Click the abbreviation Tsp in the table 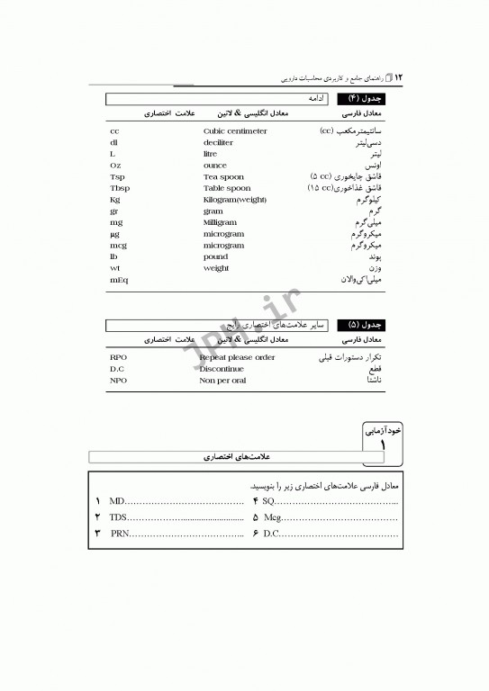pos(116,177)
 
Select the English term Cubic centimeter pos(235,131)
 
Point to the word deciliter pos(218,142)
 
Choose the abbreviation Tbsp pos(119,188)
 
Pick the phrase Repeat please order pos(237,357)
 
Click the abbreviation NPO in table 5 pos(118,381)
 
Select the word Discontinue pos(222,369)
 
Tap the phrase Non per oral pos(222,381)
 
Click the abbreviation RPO pos(118,357)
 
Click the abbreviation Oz pos(115,166)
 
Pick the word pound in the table pos(215,256)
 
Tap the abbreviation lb pos(113,256)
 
